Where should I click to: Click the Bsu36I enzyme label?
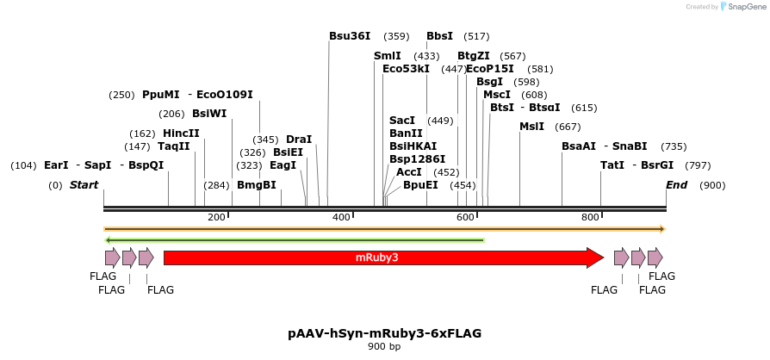[350, 36]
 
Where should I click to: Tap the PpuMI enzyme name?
[161, 95]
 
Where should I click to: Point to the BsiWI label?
[185, 113]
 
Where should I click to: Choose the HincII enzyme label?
[181, 133]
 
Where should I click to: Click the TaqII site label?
[174, 146]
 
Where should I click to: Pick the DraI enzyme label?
[299, 139]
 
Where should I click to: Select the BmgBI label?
[257, 185]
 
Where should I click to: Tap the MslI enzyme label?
[531, 127]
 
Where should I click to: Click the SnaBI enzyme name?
[630, 146]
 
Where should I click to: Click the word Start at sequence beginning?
[84, 185]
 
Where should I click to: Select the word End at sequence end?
[677, 185]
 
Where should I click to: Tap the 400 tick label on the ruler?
[341, 216]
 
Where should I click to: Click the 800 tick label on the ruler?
[590, 216]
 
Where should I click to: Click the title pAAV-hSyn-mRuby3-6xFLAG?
[384, 332]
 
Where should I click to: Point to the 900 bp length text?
[384, 346]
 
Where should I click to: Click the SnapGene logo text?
[745, 7]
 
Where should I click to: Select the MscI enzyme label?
[497, 95]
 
